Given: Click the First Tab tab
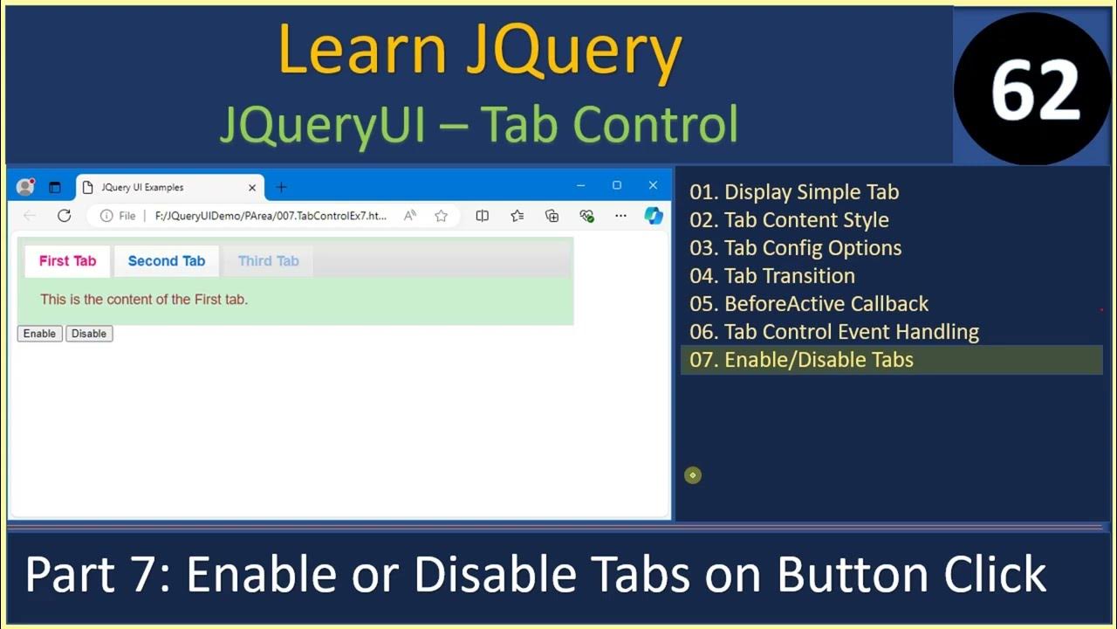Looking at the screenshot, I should (x=67, y=261).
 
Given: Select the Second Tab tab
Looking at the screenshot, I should (x=166, y=261).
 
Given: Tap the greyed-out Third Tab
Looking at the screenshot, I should (x=268, y=261).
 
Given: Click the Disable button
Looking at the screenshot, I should (x=89, y=334).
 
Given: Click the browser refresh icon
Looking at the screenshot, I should (x=64, y=216).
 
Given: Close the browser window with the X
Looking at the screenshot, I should (x=653, y=185).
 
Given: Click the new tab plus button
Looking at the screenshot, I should (x=281, y=187).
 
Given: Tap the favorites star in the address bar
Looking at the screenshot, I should (x=442, y=216).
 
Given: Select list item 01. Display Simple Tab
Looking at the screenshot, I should (x=793, y=192).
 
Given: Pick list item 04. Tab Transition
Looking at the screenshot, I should (x=771, y=276).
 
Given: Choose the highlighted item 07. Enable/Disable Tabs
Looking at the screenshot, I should (x=801, y=360).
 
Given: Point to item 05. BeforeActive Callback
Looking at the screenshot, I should (x=808, y=304).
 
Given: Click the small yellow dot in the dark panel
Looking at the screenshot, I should (x=693, y=475).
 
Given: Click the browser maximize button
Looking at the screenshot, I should (x=617, y=185).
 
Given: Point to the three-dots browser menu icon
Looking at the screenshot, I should (x=620, y=216).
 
